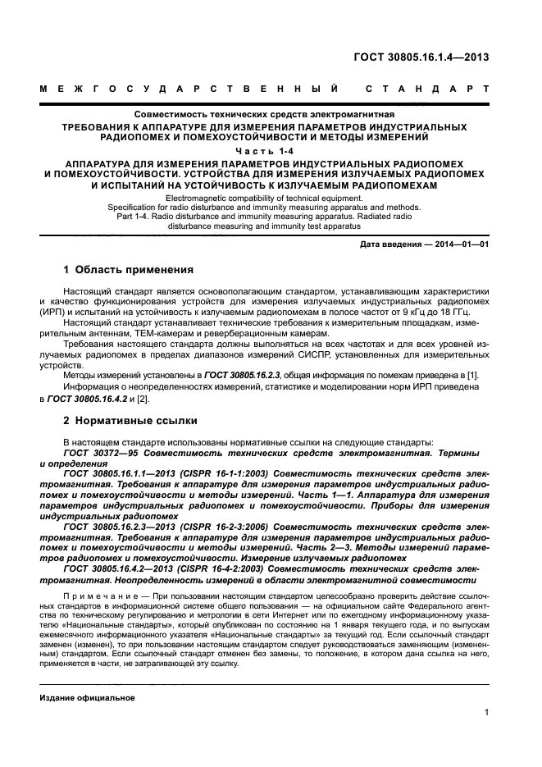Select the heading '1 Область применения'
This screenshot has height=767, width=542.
(x=128, y=269)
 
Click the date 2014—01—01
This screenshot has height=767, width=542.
(x=463, y=245)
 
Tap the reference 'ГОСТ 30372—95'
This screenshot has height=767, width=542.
(x=102, y=453)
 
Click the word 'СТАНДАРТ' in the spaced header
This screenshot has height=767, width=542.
(x=426, y=88)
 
